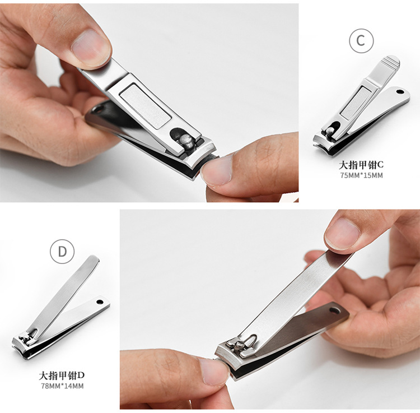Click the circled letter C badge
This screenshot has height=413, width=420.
click(361, 40)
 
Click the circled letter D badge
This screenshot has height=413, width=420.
click(62, 252)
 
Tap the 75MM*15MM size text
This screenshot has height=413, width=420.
click(361, 175)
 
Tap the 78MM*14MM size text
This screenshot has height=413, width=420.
click(62, 386)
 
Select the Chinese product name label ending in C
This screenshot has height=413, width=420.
click(361, 165)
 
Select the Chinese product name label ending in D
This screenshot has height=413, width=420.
click(62, 375)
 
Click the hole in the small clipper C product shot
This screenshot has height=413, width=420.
click(400, 92)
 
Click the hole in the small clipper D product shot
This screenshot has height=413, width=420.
click(100, 302)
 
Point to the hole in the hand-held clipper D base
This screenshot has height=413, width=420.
click(334, 311)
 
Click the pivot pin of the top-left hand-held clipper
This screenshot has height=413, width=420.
click(185, 141)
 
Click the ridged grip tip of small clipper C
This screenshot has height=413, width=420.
click(391, 61)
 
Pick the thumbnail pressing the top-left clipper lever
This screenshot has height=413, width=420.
click(91, 47)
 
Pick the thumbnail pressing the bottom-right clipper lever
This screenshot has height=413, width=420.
click(342, 233)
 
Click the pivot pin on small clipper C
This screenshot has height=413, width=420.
click(330, 131)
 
